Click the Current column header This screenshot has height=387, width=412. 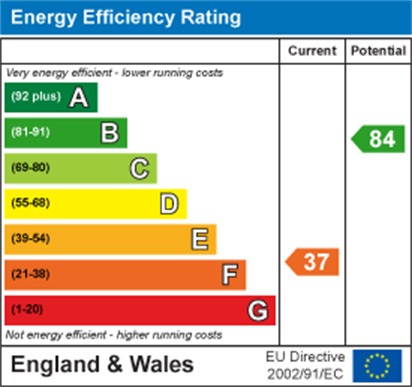[312, 51]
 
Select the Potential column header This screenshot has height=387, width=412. [378, 51]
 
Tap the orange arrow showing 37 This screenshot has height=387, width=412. [313, 262]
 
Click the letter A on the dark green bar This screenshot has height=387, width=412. [79, 97]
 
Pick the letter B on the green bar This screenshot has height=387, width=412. [109, 133]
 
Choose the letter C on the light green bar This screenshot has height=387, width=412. [140, 168]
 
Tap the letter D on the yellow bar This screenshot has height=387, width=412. [169, 204]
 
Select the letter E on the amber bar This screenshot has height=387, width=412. [199, 239]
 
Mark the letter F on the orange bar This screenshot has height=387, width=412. [230, 275]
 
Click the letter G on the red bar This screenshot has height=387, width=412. [258, 311]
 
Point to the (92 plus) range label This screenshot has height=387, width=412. [36, 97]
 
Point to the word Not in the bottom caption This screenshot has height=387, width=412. [14, 335]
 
